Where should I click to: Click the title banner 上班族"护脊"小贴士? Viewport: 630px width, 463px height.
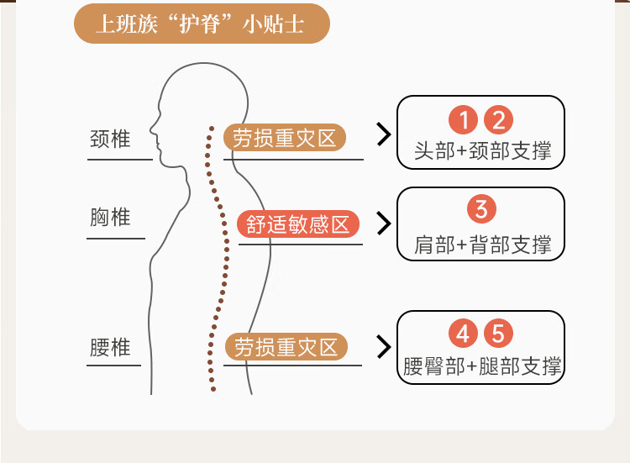click(x=202, y=24)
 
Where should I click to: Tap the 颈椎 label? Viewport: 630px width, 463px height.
click(x=110, y=139)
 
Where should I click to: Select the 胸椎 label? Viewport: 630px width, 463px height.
click(x=110, y=217)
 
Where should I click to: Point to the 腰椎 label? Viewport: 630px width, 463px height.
click(x=110, y=347)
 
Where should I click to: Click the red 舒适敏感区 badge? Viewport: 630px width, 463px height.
click(x=297, y=224)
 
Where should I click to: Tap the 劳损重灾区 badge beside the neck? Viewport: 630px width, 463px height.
click(x=285, y=138)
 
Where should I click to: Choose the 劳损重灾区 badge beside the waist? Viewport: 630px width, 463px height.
click(x=286, y=347)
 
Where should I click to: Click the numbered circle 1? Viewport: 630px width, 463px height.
click(x=463, y=120)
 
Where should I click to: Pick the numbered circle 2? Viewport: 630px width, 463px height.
click(x=498, y=120)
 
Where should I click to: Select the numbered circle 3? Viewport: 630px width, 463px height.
click(x=481, y=209)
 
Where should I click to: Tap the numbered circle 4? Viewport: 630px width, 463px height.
click(x=463, y=334)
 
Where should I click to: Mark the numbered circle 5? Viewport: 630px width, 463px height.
click(x=498, y=334)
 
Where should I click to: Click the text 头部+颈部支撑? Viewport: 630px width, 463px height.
click(x=482, y=151)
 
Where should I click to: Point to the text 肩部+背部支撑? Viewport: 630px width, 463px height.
click(x=482, y=245)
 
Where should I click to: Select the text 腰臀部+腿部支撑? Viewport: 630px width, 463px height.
click(x=482, y=366)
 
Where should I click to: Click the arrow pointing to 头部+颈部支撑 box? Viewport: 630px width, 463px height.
click(x=384, y=134)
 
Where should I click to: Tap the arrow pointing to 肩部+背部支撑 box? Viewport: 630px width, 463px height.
click(x=384, y=224)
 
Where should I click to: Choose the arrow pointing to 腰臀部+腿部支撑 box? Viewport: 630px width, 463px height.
click(x=384, y=347)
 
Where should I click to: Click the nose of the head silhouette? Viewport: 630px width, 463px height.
click(x=151, y=129)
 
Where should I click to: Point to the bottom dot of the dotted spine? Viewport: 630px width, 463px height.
click(x=213, y=389)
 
